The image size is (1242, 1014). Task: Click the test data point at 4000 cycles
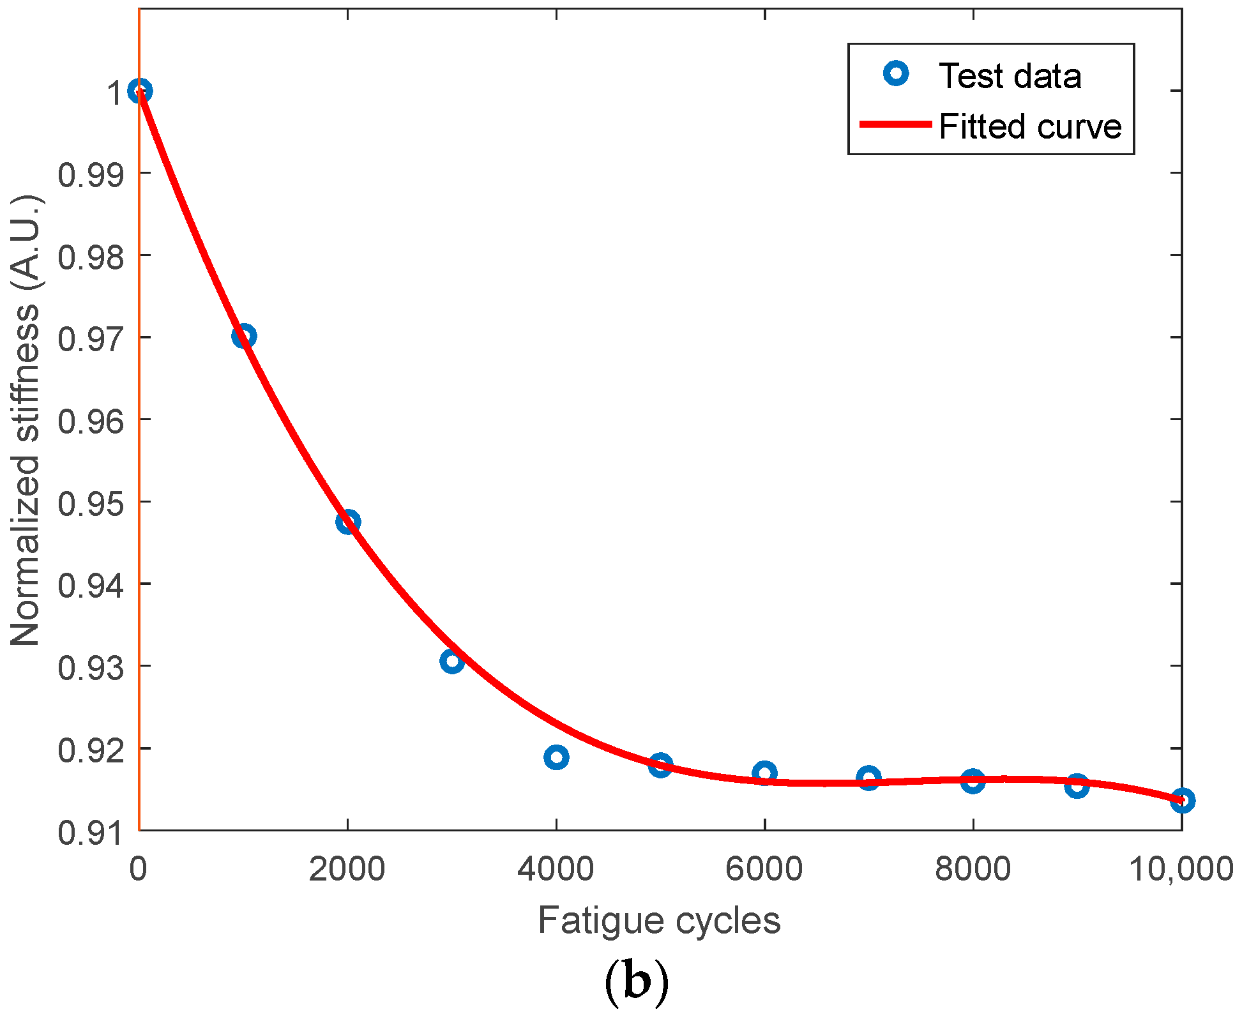tap(556, 757)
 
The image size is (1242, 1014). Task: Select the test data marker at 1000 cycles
tap(244, 336)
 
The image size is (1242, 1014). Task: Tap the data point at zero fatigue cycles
tap(140, 91)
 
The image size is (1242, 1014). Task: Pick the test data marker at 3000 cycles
tap(452, 661)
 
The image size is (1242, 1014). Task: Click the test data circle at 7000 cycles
tap(868, 778)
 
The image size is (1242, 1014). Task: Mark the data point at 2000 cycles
tap(348, 522)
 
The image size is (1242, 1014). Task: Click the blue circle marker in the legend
tap(896, 74)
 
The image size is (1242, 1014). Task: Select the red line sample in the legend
tap(895, 125)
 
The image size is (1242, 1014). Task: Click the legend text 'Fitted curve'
tap(1030, 126)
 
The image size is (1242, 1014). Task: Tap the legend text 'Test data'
tap(1010, 76)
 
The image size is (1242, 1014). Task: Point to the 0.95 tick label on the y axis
tap(89, 504)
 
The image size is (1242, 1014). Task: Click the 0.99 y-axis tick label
tap(89, 175)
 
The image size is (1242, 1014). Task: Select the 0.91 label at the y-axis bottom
tap(89, 833)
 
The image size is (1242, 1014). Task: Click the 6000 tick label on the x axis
tap(764, 869)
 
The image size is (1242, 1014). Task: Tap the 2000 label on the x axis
tap(347, 869)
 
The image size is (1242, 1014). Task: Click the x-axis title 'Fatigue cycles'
tap(659, 920)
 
